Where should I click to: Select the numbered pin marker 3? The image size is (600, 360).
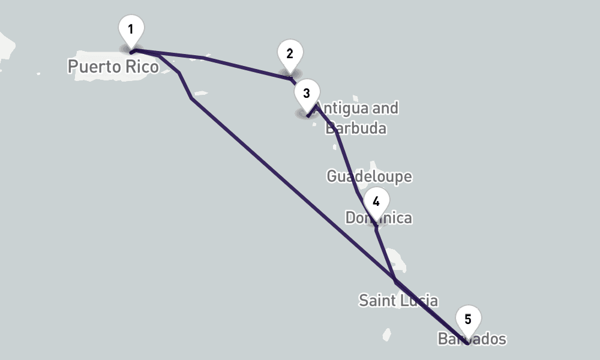(x=307, y=94)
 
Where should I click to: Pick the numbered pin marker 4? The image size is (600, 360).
(x=376, y=202)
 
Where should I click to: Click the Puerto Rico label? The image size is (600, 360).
(x=113, y=66)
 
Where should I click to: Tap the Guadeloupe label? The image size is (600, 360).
(x=369, y=176)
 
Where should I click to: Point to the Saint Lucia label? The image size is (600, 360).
(x=398, y=300)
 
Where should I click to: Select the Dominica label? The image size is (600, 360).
(x=379, y=218)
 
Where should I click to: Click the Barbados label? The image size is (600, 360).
(x=472, y=339)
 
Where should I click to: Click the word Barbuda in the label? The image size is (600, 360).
(x=356, y=128)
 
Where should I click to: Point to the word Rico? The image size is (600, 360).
(x=142, y=66)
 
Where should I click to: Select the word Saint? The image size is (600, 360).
(x=377, y=300)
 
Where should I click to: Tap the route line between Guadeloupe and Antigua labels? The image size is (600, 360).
(x=345, y=159)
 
